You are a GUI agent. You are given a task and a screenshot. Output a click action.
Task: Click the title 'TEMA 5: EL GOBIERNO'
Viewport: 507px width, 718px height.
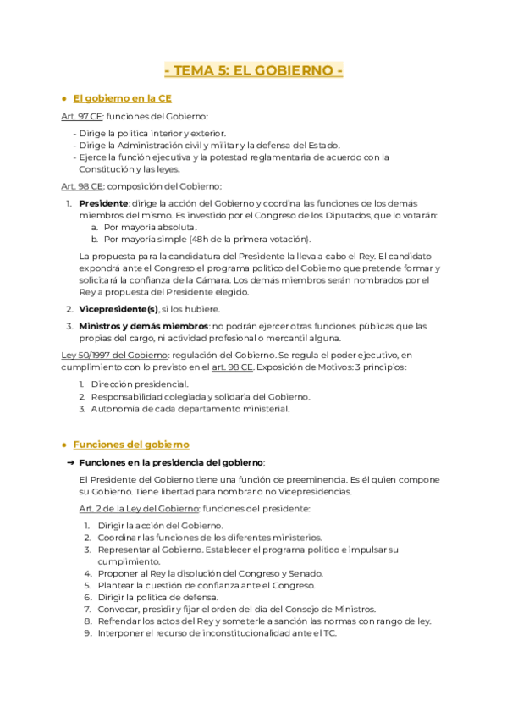pos(253,70)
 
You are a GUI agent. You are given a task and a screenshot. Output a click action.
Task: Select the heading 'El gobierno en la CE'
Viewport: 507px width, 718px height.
pos(122,98)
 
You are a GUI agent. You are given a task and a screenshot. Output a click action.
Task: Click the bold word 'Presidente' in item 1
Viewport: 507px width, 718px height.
pos(103,203)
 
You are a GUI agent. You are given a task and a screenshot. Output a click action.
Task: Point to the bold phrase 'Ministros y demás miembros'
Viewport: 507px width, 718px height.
pos(143,326)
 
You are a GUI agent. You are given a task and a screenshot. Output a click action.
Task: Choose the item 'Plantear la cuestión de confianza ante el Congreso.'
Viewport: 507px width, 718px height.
pos(206,585)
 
